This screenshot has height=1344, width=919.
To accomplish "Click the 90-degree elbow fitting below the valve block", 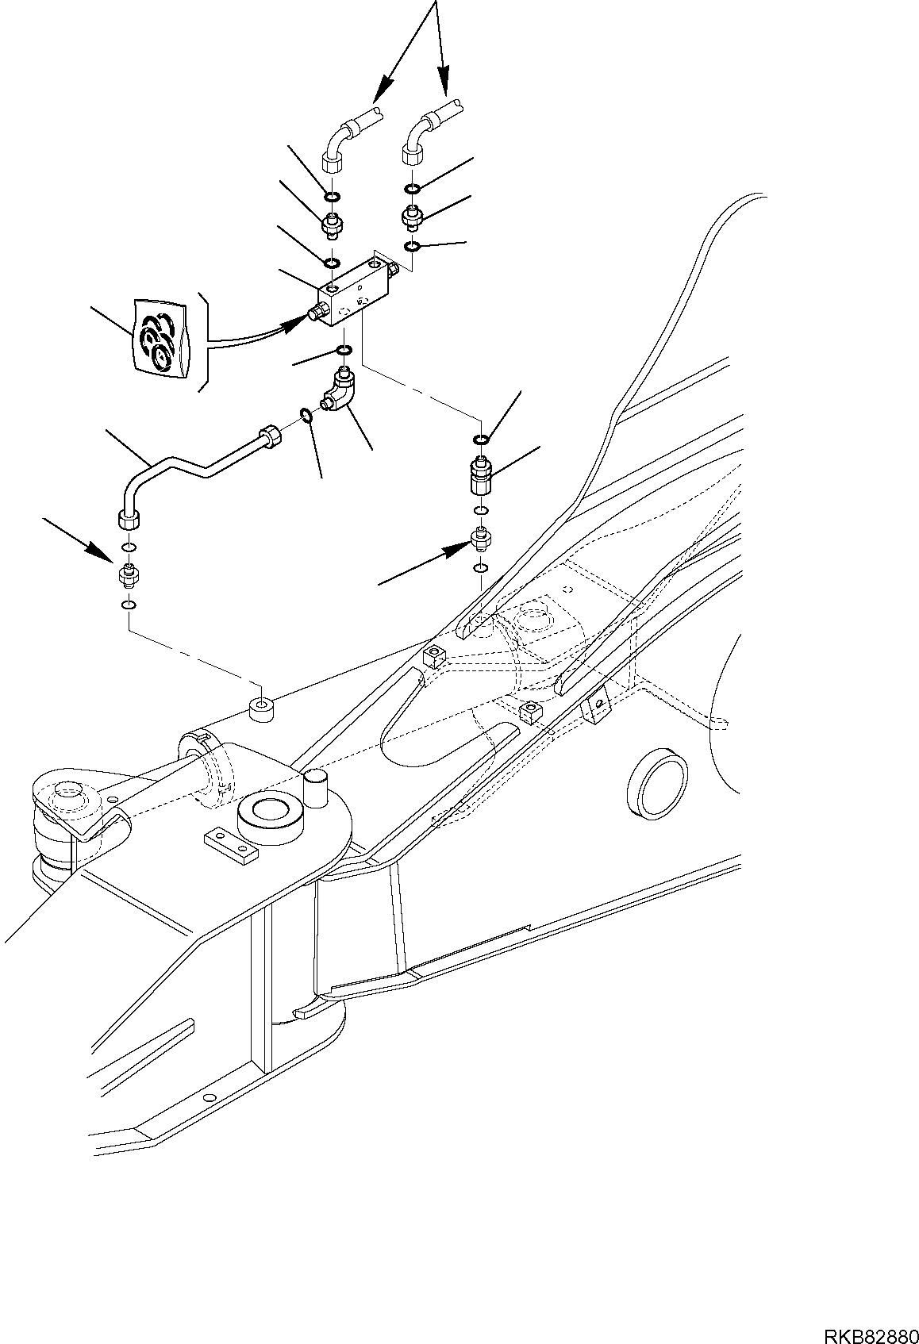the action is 339,391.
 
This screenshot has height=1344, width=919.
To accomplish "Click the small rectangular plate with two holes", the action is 231,846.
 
